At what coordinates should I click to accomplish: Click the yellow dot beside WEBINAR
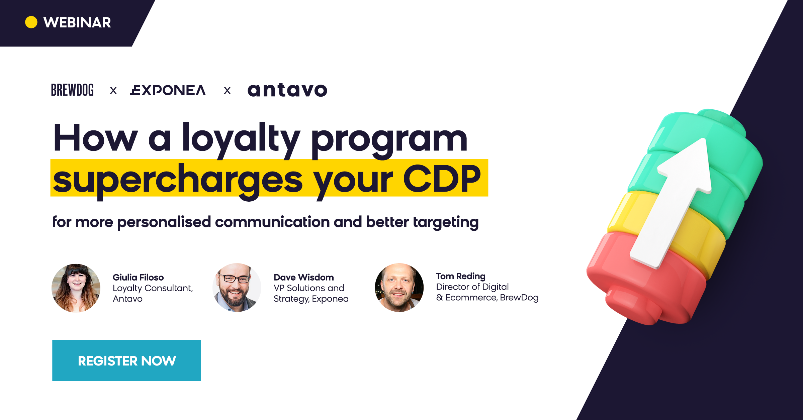click(x=31, y=22)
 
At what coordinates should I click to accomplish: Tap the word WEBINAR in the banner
click(x=77, y=22)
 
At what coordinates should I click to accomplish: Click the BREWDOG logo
click(x=72, y=90)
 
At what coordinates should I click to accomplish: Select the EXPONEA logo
click(x=168, y=90)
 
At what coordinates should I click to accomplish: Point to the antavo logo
click(x=287, y=90)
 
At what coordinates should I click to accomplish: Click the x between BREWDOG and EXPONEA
click(x=113, y=91)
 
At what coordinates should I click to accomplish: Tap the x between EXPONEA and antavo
click(x=227, y=91)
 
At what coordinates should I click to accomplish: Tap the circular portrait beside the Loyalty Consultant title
click(x=76, y=288)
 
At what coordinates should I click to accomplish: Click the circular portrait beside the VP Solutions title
click(x=237, y=288)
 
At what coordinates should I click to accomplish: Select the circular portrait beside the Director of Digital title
click(x=399, y=288)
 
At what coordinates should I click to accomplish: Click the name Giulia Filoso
click(x=138, y=277)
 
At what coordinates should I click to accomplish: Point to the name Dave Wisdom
click(x=303, y=277)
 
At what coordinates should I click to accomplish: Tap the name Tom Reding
click(x=460, y=276)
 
